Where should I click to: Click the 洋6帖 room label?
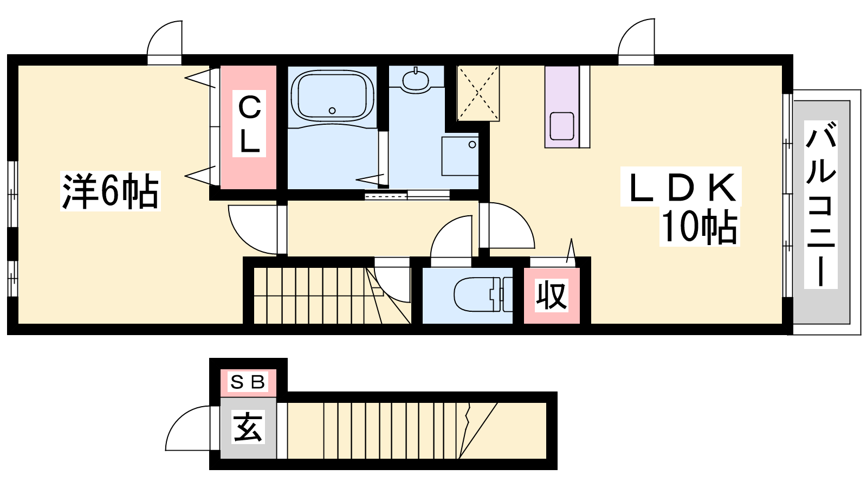pyautogui.click(x=111, y=191)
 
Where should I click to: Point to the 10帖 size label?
pyautogui.click(x=699, y=227)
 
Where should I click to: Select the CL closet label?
pyautogui.click(x=249, y=124)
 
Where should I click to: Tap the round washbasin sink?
pyautogui.click(x=416, y=81)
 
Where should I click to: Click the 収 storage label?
pyautogui.click(x=552, y=296)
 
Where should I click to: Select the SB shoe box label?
pyautogui.click(x=248, y=382)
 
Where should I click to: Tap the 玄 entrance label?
pyautogui.click(x=248, y=427)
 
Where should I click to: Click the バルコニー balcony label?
pyautogui.click(x=820, y=204)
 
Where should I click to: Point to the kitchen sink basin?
pyautogui.click(x=561, y=126)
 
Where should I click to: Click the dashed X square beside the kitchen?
pyautogui.click(x=478, y=93)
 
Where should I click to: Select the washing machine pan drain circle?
pyautogui.click(x=472, y=145)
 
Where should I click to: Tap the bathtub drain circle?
pyautogui.click(x=332, y=111)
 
